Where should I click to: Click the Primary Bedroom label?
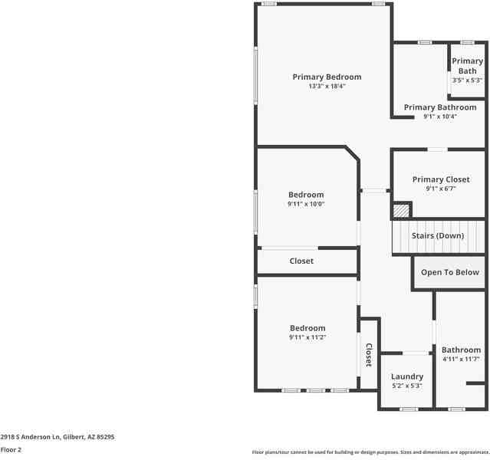[327, 77]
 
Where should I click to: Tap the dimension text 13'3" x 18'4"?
[327, 87]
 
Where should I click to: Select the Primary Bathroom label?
[439, 107]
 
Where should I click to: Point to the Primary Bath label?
[467, 66]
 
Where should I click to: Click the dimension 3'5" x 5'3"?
[467, 80]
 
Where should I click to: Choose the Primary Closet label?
[440, 179]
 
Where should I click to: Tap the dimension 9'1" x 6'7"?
[440, 189]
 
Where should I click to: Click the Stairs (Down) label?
[437, 235]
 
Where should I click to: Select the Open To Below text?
[449, 272]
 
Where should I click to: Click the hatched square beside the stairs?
[401, 210]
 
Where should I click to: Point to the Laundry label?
[406, 376]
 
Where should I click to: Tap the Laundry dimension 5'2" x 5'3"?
[406, 386]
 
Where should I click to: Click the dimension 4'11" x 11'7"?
[460, 360]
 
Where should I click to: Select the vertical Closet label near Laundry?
[368, 354]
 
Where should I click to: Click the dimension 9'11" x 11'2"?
[307, 337]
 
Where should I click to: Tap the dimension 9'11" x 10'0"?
[306, 204]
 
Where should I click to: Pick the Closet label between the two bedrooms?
[301, 261]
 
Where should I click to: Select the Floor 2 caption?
[11, 450]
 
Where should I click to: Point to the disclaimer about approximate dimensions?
[370, 452]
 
